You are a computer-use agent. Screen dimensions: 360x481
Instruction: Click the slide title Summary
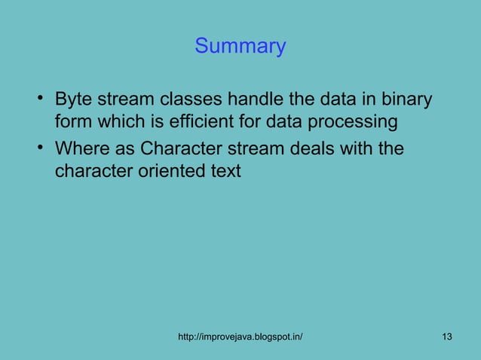pyautogui.click(x=240, y=47)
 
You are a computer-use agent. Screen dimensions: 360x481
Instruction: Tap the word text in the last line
pyautogui.click(x=225, y=171)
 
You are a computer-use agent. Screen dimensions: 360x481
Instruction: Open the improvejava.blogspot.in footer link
pyautogui.click(x=240, y=336)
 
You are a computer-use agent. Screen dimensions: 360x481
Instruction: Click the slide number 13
pyautogui.click(x=447, y=336)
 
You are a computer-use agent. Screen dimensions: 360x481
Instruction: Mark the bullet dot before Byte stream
pyautogui.click(x=39, y=99)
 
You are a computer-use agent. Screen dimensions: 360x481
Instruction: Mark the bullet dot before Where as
pyautogui.click(x=39, y=146)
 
